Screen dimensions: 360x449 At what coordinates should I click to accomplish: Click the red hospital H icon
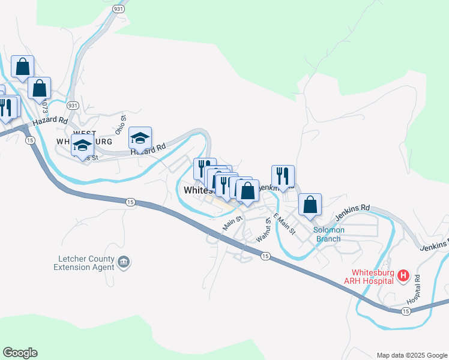(x=403, y=276)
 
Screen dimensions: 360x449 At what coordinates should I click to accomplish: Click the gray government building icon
(x=124, y=262)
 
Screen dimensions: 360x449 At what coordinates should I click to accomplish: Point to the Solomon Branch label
(x=327, y=234)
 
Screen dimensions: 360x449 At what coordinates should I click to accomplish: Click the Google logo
(x=20, y=353)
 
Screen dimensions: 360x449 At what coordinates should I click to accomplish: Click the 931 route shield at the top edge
(x=118, y=10)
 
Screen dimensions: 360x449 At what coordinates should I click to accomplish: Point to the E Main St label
(x=285, y=224)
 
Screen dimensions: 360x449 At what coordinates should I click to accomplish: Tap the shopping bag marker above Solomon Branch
(x=310, y=205)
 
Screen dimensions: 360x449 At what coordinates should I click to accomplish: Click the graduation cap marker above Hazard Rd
(x=140, y=139)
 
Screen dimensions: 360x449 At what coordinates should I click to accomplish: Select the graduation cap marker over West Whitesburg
(x=82, y=145)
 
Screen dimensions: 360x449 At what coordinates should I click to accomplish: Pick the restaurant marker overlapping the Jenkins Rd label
(x=283, y=177)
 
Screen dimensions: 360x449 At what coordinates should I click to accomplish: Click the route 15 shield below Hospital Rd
(x=406, y=311)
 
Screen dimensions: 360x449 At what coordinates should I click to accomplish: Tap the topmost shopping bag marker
(x=22, y=67)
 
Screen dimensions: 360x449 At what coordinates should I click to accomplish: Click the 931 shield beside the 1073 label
(x=73, y=105)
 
